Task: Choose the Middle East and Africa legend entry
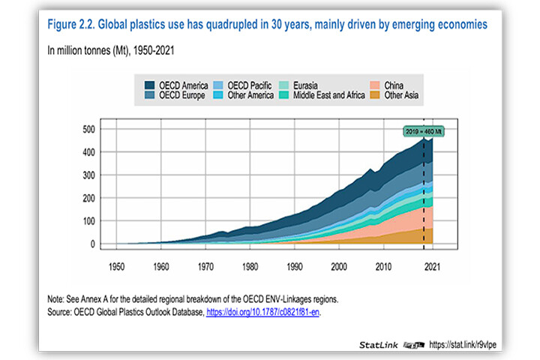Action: click(321, 96)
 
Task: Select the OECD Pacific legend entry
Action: click(238, 86)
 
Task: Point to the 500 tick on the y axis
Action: click(88, 129)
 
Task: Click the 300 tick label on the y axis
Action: click(88, 175)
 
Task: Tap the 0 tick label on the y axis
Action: click(93, 244)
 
